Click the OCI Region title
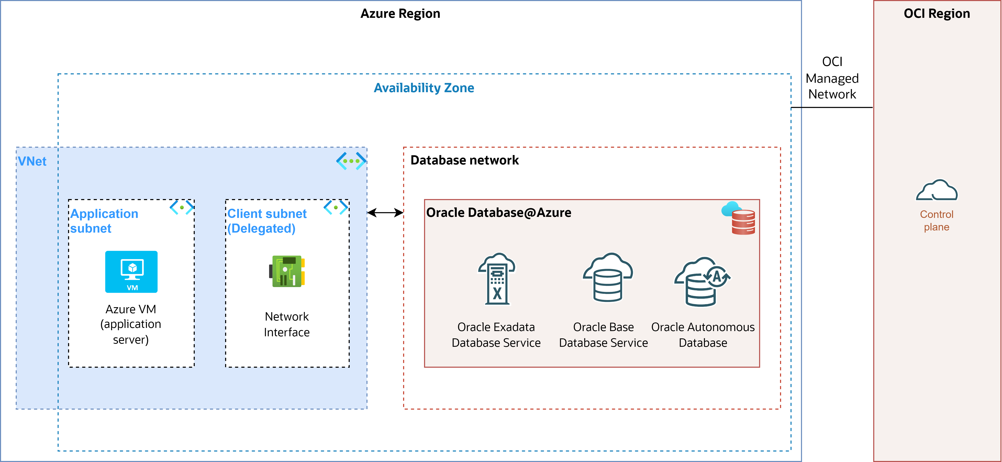(937, 14)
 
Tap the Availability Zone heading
(424, 88)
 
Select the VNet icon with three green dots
(351, 161)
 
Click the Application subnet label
(104, 221)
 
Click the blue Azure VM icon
(132, 272)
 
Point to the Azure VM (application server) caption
(131, 324)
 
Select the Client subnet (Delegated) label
(267, 221)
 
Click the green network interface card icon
(287, 271)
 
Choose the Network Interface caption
(287, 324)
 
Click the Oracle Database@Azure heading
(499, 212)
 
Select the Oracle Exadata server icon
(497, 279)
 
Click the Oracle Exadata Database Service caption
(496, 335)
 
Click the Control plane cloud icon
(937, 190)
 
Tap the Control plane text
(937, 221)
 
